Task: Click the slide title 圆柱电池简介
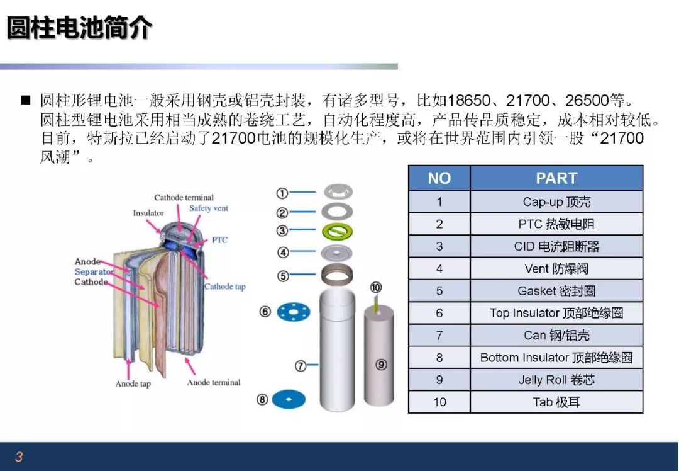(x=80, y=28)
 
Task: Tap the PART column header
(x=556, y=178)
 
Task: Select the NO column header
(x=439, y=178)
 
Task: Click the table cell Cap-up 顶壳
(x=556, y=201)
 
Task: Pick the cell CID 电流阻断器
(x=556, y=246)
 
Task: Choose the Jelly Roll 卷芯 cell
(x=556, y=380)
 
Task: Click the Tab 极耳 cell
(x=556, y=402)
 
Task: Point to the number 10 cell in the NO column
(x=439, y=402)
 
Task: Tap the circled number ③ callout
(x=282, y=230)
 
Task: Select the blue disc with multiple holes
(x=294, y=312)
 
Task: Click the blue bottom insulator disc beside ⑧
(x=289, y=399)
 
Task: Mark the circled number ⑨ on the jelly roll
(x=381, y=365)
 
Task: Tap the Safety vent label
(x=208, y=208)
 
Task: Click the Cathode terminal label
(x=184, y=198)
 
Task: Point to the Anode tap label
(x=133, y=384)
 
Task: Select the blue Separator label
(x=94, y=271)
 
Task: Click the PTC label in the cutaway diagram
(x=219, y=240)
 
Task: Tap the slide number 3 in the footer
(x=19, y=457)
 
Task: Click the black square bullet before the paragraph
(x=26, y=101)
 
